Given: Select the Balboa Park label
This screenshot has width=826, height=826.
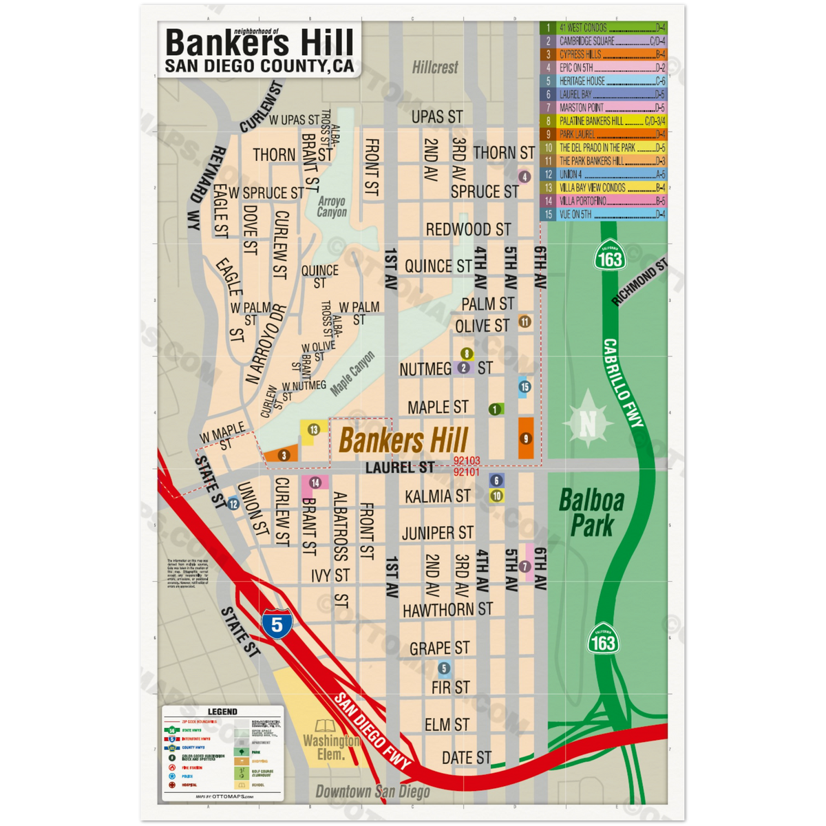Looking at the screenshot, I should pos(591,513).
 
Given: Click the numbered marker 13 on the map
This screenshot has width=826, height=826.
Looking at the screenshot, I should pos(314,430).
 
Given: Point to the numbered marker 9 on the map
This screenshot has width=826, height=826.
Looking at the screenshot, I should pos(526,438).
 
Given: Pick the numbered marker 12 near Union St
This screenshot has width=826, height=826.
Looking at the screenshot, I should pos(233,504).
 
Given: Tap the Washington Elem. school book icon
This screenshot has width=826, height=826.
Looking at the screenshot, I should pos(324,726).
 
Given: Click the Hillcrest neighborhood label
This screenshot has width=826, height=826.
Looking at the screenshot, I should pos(435,67).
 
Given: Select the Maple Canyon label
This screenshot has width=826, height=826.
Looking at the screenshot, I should pos(352,374).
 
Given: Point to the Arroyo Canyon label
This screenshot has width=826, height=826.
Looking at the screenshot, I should pos(332,206).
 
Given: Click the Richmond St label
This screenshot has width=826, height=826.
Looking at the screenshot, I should pos(639,282).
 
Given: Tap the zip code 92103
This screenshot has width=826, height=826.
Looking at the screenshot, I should pos(467,461).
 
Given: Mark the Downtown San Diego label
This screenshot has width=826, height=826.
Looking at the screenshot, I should pos(372,792).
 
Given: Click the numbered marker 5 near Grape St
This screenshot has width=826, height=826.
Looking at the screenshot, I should pos(444,668).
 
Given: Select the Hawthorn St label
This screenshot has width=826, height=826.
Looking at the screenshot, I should pos(447,610).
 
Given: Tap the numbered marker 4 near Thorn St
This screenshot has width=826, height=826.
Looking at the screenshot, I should pos(525,177).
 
